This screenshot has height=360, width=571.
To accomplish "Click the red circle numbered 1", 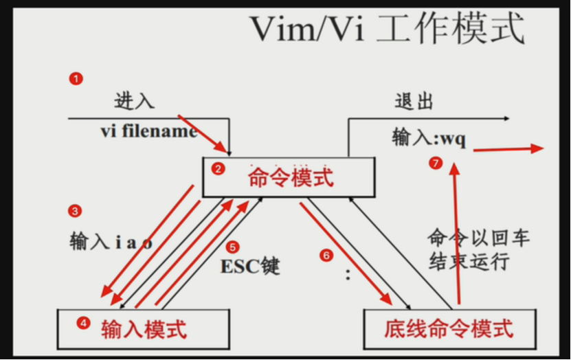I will click(76, 78).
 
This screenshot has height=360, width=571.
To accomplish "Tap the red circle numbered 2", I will click(218, 169).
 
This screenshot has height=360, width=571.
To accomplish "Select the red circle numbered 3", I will click(76, 211).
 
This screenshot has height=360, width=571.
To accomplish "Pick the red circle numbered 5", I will click(233, 247).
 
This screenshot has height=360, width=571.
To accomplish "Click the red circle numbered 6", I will click(326, 255).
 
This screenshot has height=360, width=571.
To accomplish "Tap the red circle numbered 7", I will click(434, 163).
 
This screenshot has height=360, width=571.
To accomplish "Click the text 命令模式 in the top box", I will click(291, 178).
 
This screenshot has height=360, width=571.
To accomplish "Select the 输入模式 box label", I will click(144, 329).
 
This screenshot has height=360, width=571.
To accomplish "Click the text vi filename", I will click(149, 131).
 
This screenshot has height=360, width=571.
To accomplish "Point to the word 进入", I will click(135, 102).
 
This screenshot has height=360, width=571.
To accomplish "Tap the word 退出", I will click(414, 102).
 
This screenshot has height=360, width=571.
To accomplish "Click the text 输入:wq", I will click(429, 137).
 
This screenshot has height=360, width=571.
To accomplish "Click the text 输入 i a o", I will click(111, 241).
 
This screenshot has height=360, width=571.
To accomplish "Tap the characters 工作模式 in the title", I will click(449, 30).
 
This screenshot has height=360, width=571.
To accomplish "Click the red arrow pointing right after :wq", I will click(508, 149).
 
